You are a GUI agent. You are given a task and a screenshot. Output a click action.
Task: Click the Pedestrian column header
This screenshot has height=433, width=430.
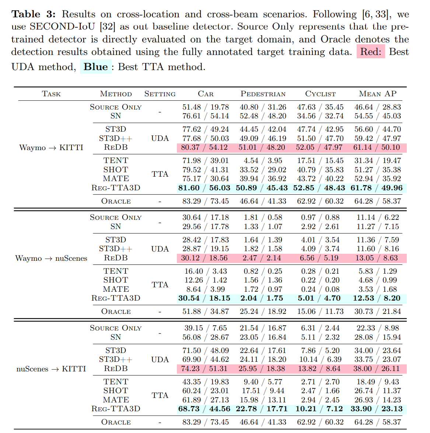(263, 94)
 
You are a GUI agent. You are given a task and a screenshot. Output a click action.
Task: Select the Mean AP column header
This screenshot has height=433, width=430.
(378, 94)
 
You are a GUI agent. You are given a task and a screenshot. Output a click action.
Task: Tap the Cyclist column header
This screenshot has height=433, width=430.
(320, 94)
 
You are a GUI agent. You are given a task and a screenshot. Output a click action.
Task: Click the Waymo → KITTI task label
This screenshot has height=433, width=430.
(51, 148)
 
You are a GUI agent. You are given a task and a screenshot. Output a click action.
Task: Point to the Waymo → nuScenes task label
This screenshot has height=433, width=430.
(51, 258)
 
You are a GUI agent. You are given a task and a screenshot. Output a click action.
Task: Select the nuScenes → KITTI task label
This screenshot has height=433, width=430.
(51, 369)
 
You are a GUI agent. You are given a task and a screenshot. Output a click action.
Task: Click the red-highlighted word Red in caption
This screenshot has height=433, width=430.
(371, 52)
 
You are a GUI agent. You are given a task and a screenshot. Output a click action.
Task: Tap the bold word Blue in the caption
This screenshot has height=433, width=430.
(96, 66)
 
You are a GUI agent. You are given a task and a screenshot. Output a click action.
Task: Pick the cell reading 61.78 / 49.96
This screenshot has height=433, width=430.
(377, 188)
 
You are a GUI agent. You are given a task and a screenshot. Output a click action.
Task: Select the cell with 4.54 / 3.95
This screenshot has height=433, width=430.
(263, 160)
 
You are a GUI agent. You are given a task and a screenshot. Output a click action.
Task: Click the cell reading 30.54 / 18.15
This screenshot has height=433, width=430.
(204, 298)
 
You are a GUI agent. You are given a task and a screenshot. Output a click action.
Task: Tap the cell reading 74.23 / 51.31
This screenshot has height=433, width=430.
(204, 369)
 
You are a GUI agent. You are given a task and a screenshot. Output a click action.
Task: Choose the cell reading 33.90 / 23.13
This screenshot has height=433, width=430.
(377, 409)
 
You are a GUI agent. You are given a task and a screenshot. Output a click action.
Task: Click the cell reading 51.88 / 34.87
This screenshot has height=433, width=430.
(206, 312)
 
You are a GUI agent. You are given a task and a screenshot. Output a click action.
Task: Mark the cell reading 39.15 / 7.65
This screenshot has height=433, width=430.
(206, 328)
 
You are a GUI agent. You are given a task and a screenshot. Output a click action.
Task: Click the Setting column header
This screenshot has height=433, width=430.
(160, 94)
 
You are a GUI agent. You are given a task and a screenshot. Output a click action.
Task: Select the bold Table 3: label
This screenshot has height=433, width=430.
(34, 14)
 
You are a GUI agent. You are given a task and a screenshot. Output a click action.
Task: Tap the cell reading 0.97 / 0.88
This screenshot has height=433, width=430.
(320, 217)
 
